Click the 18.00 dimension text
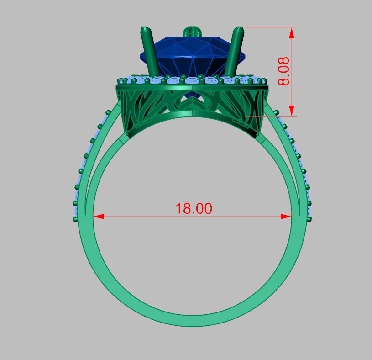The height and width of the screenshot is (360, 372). (194, 208)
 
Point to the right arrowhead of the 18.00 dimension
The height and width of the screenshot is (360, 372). (286, 216)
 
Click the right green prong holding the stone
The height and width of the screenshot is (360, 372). (235, 50)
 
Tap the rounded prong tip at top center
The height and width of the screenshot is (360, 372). (192, 32)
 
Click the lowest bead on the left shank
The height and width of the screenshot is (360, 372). (75, 219)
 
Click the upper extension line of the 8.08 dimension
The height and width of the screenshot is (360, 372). (269, 26)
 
